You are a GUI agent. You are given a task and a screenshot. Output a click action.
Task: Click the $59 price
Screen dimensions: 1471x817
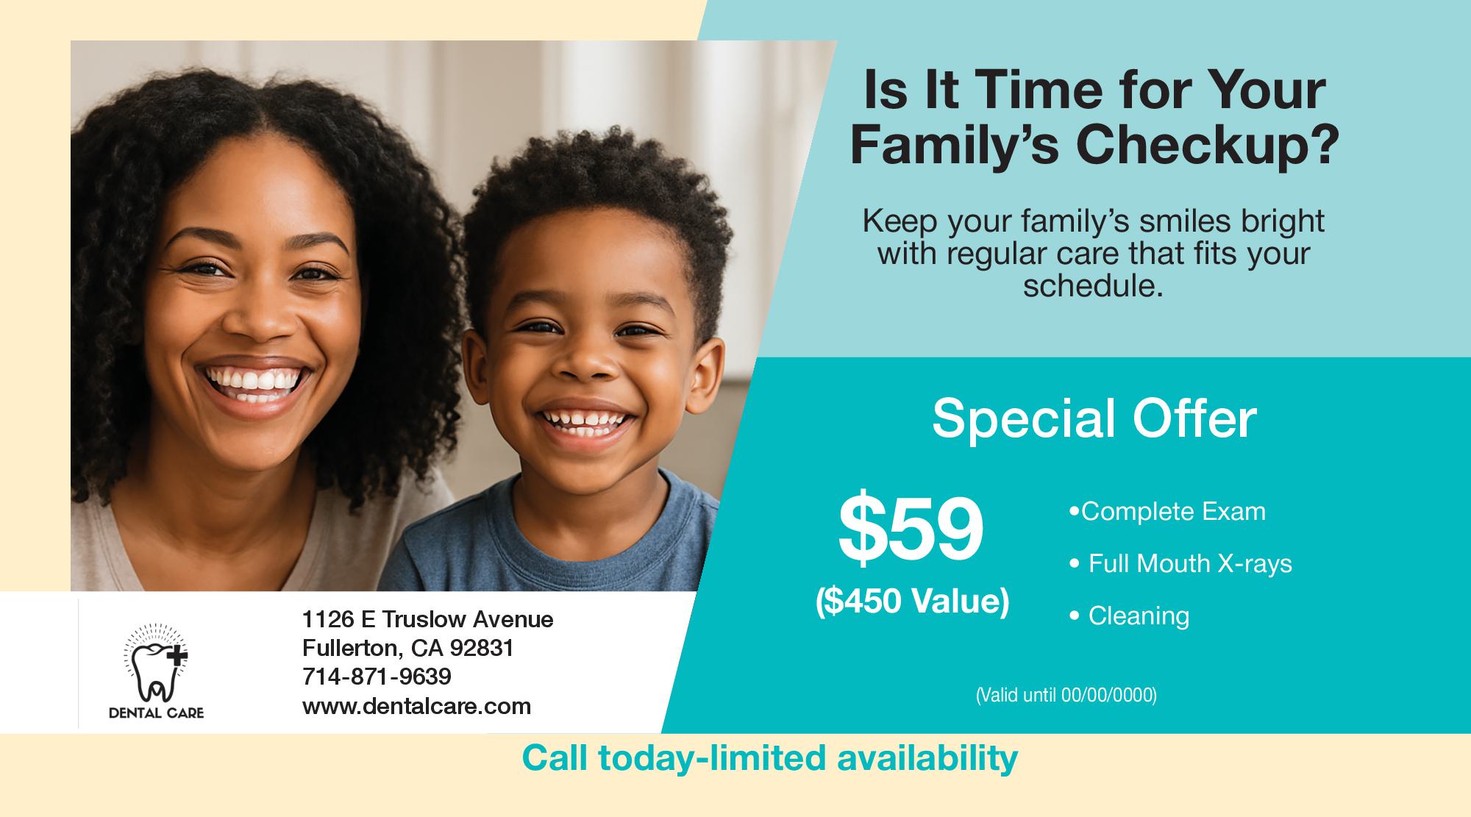tap(911, 528)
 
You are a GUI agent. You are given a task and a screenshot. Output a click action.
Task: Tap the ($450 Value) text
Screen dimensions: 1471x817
tap(912, 602)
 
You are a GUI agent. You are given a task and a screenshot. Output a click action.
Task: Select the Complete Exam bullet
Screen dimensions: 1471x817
tap(1167, 511)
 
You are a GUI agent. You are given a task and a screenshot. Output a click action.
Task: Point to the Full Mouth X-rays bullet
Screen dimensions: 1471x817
tap(1180, 563)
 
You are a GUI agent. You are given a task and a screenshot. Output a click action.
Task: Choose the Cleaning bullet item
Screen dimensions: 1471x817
tap(1129, 616)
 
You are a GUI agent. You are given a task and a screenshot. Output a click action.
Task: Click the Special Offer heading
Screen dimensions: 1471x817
tap(1094, 419)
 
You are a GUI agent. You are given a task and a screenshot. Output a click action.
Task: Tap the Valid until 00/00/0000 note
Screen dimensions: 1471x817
tap(1066, 695)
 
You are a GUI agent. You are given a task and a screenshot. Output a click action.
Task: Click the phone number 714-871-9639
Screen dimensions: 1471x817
tap(377, 677)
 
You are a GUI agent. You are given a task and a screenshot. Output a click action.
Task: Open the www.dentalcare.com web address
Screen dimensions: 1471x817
tap(416, 707)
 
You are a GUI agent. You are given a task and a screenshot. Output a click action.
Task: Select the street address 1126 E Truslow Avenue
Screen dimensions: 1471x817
tap(427, 619)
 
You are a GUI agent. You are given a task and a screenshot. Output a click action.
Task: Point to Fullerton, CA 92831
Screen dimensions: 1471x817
tap(407, 648)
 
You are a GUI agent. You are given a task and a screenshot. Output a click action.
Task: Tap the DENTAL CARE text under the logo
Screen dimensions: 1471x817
tap(156, 713)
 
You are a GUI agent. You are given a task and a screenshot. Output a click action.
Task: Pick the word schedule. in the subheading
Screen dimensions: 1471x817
tap(1093, 285)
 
